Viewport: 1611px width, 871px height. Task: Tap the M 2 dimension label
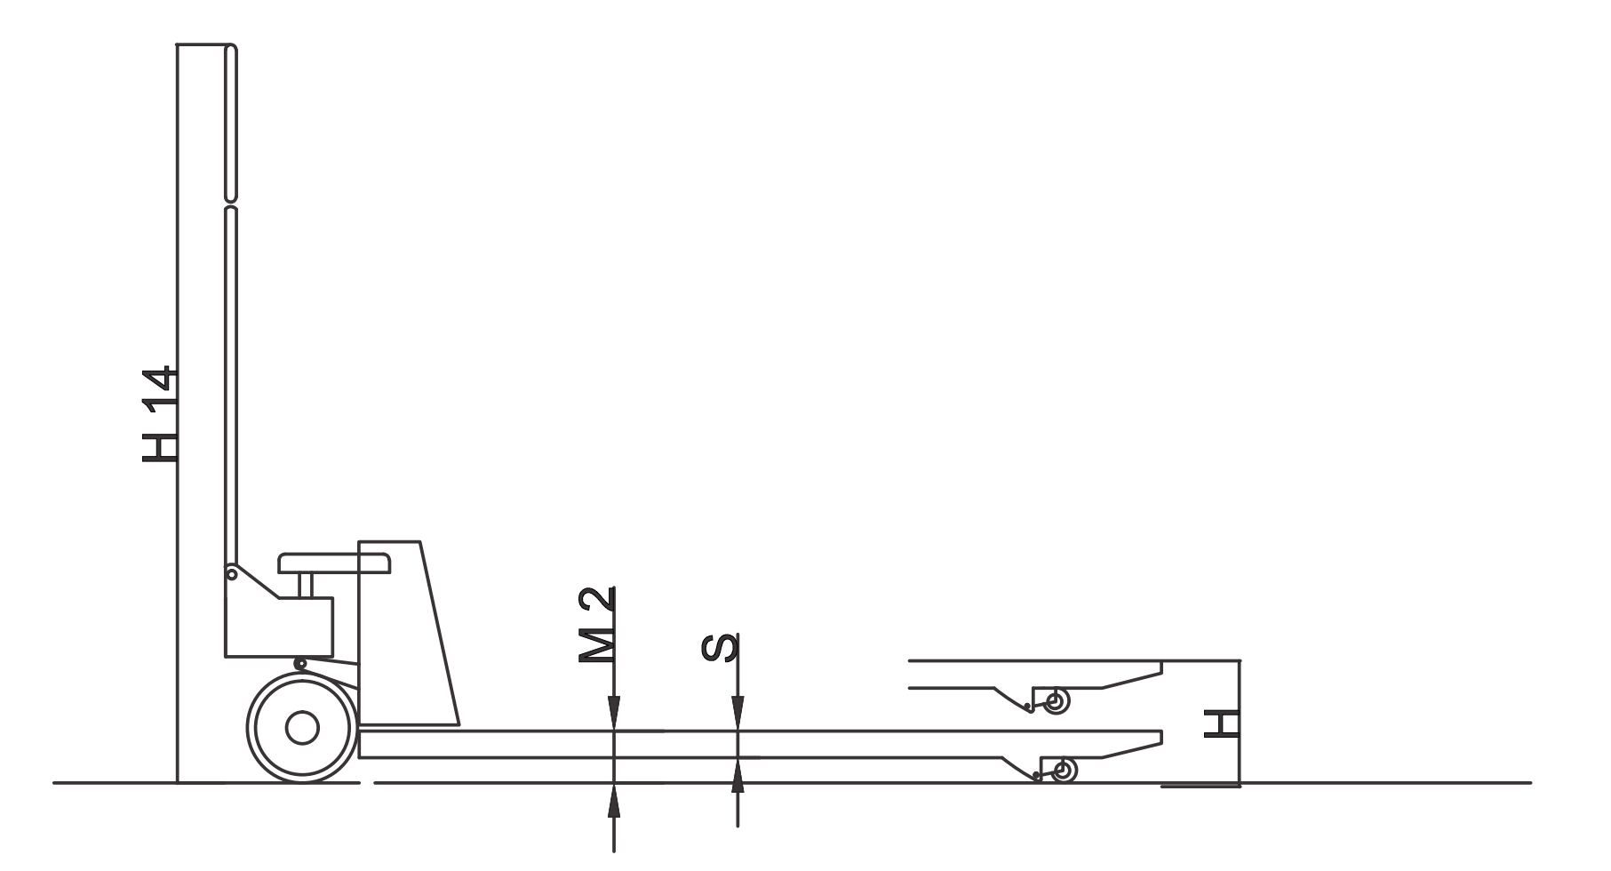[596, 624]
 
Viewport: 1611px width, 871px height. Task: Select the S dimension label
[718, 647]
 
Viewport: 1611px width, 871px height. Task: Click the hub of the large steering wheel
[302, 727]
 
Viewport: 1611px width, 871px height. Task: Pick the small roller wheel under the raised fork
[1057, 701]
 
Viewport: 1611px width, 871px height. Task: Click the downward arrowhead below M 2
[613, 715]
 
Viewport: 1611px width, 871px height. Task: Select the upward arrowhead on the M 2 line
[613, 800]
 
